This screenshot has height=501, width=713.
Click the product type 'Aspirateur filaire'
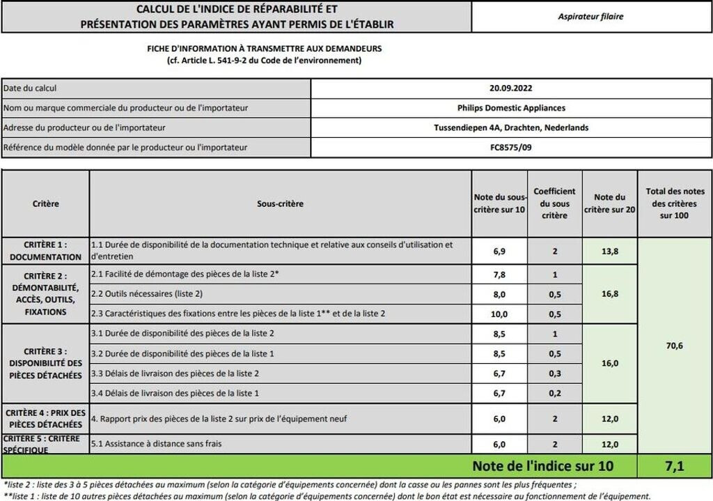click(591, 17)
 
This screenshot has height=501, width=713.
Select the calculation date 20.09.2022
click(511, 88)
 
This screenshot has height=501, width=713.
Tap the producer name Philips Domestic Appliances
click(511, 108)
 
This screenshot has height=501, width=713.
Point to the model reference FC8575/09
click(511, 147)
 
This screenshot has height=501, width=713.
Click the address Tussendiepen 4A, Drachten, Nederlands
click(511, 128)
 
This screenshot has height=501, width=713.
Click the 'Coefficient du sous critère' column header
click(554, 203)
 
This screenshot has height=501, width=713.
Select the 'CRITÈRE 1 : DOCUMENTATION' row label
click(45, 251)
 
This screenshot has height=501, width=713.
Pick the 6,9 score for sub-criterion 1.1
click(499, 251)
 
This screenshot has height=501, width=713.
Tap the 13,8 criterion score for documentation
click(610, 251)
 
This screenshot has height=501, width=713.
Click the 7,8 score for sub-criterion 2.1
click(499, 275)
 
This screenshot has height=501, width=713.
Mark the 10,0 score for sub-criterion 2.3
click(499, 314)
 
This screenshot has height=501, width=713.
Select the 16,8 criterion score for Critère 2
click(610, 294)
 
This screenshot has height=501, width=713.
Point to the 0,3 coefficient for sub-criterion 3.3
click(554, 373)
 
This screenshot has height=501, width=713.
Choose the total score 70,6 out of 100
click(675, 344)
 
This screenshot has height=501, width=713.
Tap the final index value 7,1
click(675, 465)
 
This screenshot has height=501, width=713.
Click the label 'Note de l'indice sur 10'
click(543, 465)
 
